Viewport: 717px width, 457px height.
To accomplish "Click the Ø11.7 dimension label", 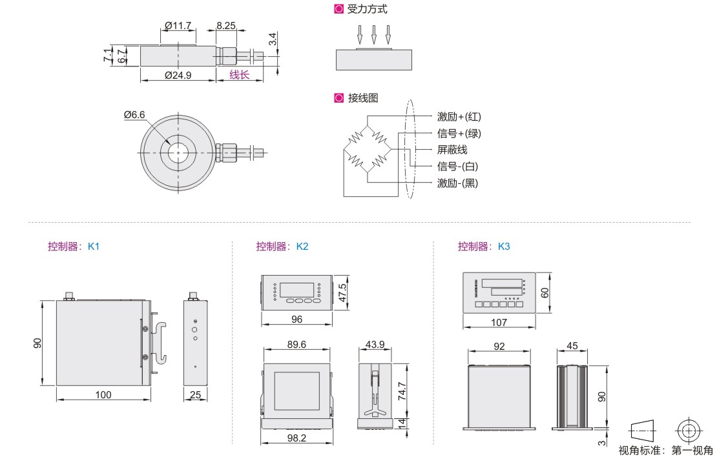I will point(178,26).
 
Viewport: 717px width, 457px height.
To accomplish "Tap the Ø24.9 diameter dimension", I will point(178,75).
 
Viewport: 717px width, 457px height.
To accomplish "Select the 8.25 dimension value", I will point(225,26).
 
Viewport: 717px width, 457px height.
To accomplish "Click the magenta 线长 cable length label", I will point(239,75).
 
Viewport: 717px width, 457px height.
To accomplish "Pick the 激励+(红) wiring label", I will point(459,117).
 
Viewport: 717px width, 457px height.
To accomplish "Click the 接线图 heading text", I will point(362,98).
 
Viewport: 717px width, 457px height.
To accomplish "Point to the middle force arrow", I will point(374,34).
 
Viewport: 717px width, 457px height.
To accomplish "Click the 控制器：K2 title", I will point(282,246).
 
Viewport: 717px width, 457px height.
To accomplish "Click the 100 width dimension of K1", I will point(103,394).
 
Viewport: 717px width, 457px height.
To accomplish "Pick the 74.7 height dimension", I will point(401,391).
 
